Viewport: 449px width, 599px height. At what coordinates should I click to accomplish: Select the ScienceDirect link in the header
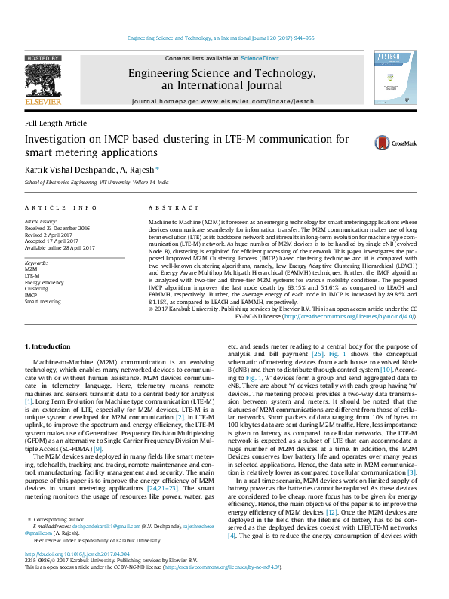coord(260,58)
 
